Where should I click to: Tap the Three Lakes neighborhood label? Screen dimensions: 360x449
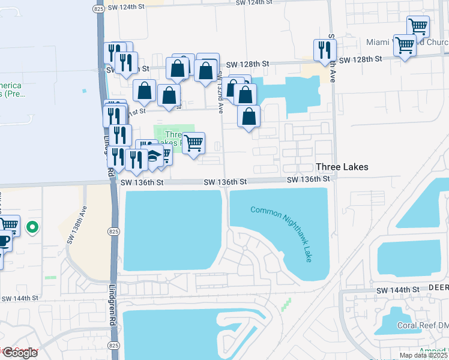tap(342, 167)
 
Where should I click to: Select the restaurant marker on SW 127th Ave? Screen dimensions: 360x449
tap(325, 50)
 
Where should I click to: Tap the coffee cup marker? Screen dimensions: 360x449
tap(3, 241)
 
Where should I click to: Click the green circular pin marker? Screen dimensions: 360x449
tap(34, 227)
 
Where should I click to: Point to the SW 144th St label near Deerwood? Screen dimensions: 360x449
tap(397, 290)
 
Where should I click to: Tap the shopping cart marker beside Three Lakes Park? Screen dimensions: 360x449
tap(193, 143)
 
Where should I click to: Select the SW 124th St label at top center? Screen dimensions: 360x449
tap(264, 3)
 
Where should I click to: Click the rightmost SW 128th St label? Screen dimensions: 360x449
tap(360, 59)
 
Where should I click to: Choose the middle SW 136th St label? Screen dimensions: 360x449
tap(225, 181)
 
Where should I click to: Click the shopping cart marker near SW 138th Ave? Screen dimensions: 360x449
tap(8, 226)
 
